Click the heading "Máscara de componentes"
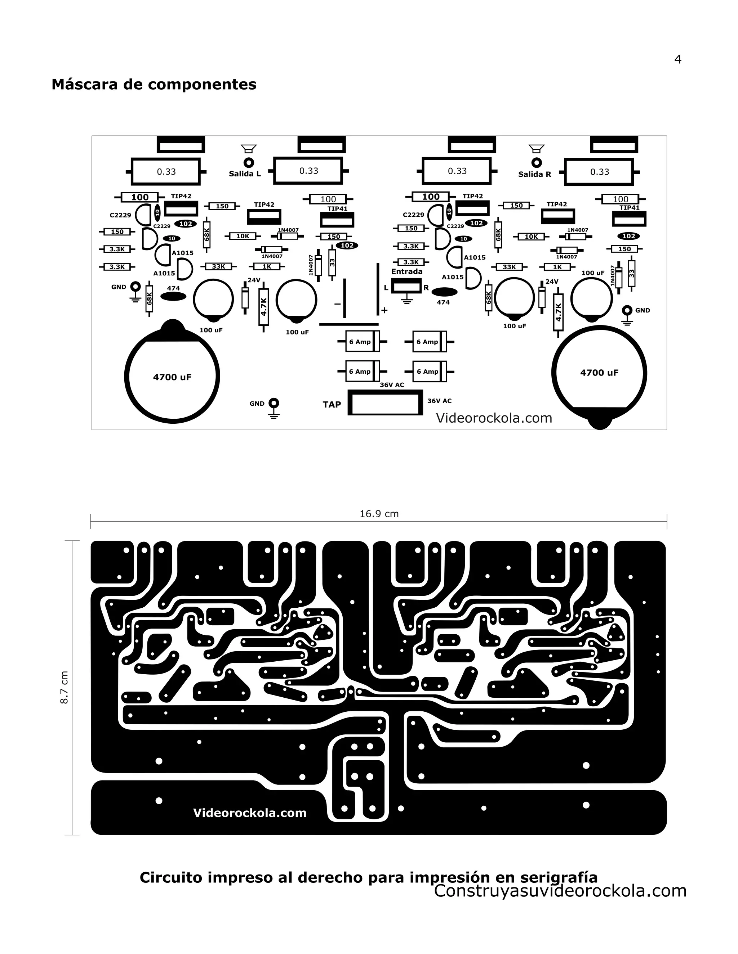click(154, 84)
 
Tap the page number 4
click(678, 59)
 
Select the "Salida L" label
click(244, 174)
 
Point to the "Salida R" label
click(534, 174)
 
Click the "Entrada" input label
click(406, 271)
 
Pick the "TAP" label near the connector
click(332, 405)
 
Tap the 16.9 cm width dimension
click(379, 514)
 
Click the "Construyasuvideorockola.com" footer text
click(560, 890)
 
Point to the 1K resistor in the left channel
click(267, 266)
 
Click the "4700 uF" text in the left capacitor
click(172, 377)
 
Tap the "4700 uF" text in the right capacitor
click(599, 373)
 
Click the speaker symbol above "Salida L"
click(249, 149)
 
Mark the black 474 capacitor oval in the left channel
click(173, 297)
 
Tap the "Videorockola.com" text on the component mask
click(494, 418)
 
